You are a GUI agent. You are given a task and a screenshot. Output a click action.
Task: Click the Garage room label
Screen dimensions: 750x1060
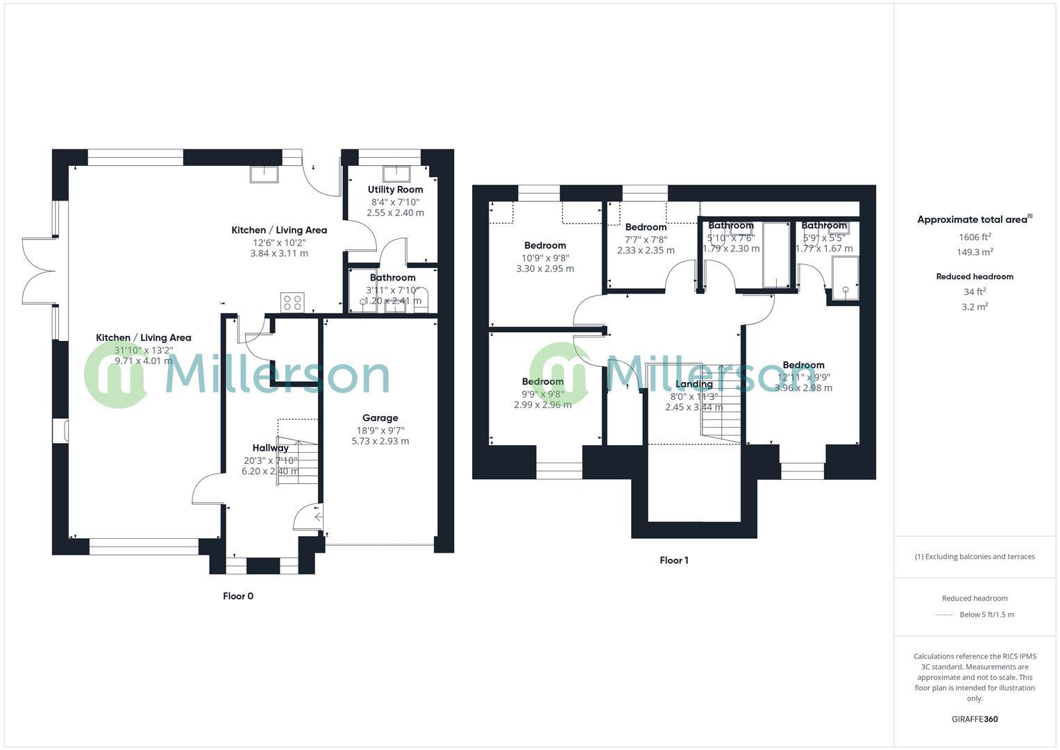pyautogui.click(x=380, y=418)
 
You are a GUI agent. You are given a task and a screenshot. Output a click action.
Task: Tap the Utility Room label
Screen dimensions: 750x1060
pyautogui.click(x=395, y=190)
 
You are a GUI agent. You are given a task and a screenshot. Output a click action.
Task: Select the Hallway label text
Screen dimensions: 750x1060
pyautogui.click(x=270, y=448)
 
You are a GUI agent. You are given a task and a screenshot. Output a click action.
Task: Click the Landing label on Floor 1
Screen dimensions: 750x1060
pyautogui.click(x=693, y=384)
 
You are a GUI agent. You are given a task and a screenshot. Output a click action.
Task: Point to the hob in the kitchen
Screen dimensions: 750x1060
pyautogui.click(x=292, y=303)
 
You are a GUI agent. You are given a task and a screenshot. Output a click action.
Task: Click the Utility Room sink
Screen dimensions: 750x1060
pyautogui.click(x=396, y=173)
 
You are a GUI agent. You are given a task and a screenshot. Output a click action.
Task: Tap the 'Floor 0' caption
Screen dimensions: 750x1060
pyautogui.click(x=238, y=596)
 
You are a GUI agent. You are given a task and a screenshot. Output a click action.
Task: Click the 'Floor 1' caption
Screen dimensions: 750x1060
pyautogui.click(x=673, y=560)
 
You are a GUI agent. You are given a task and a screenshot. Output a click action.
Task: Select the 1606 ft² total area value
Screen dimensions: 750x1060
pyautogui.click(x=975, y=237)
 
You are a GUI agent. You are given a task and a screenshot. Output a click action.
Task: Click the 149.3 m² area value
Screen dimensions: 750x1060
pyautogui.click(x=975, y=252)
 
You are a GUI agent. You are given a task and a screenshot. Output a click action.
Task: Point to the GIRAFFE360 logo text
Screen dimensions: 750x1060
pyautogui.click(x=975, y=719)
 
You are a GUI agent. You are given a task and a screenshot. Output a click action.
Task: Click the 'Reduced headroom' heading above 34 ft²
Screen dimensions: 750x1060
pyautogui.click(x=975, y=276)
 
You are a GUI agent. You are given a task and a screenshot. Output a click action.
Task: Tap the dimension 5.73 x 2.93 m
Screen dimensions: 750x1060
pyautogui.click(x=380, y=441)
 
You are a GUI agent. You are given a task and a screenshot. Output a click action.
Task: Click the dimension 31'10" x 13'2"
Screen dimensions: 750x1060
pyautogui.click(x=143, y=350)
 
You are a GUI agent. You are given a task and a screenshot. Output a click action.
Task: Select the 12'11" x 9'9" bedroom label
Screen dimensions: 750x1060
pyautogui.click(x=803, y=377)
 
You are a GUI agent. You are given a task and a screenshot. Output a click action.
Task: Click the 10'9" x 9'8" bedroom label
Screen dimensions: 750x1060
pyautogui.click(x=545, y=257)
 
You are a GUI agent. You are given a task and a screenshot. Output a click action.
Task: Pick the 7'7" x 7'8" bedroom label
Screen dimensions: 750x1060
pyautogui.click(x=646, y=239)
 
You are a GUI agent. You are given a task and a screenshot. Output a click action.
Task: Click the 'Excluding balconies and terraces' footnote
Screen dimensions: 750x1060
pyautogui.click(x=975, y=556)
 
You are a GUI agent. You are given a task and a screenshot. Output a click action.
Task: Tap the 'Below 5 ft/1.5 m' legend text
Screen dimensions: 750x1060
pyautogui.click(x=986, y=615)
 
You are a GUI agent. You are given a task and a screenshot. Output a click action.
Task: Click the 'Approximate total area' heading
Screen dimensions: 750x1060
pyautogui.click(x=972, y=219)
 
